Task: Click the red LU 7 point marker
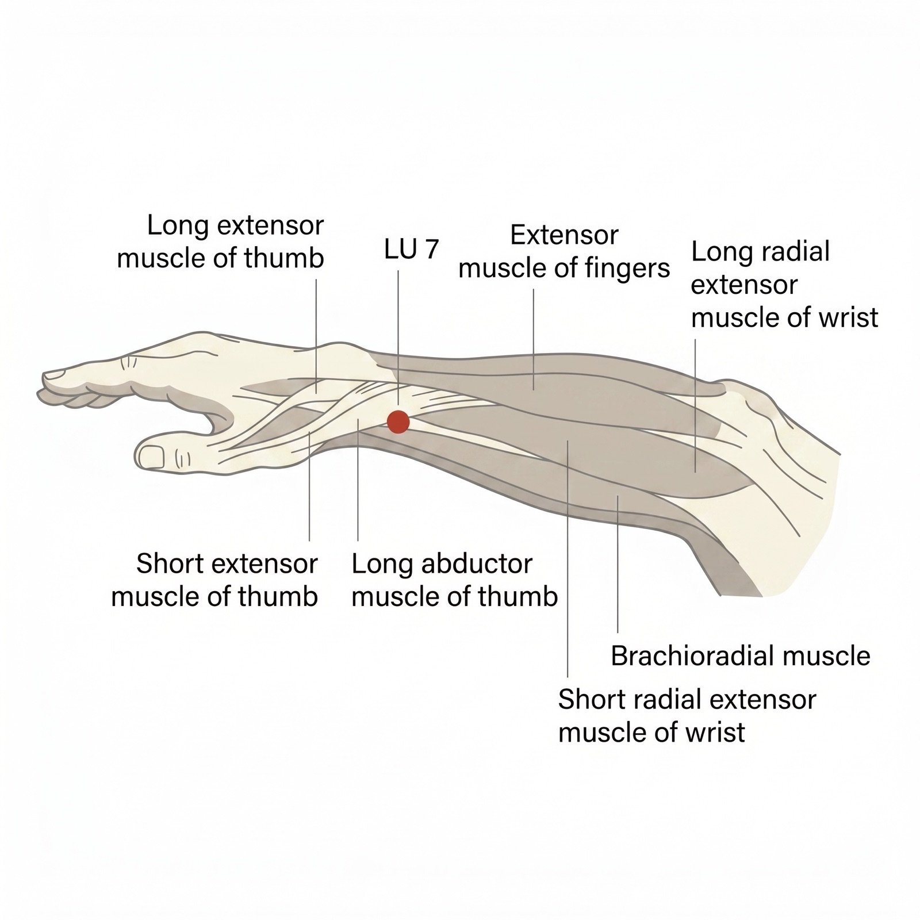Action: point(398,422)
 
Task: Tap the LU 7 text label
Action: point(412,249)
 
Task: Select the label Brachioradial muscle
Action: point(741,655)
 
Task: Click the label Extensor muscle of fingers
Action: point(564,252)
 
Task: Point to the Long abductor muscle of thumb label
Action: point(454,580)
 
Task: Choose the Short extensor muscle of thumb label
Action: point(214,580)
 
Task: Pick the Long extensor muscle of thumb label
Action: point(221,241)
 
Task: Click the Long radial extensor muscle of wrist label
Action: point(784,285)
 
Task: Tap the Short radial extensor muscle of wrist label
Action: point(687,716)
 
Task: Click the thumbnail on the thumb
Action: point(152,457)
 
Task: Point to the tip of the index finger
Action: point(43,377)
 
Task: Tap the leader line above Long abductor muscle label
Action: point(358,480)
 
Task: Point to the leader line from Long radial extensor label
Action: point(695,405)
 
